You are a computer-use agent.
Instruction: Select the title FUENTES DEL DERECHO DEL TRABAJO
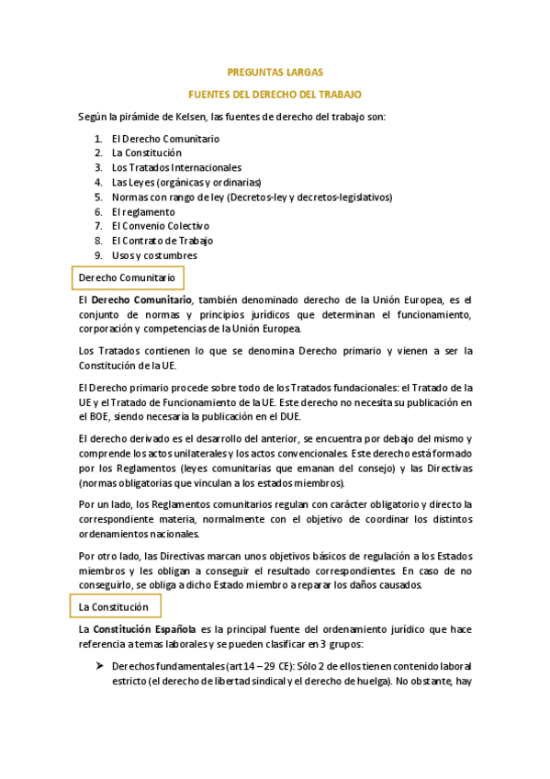[275, 95]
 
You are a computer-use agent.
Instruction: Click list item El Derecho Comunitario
[165, 139]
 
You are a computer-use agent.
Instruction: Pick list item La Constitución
[146, 153]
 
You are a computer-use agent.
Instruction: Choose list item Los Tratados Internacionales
[176, 168]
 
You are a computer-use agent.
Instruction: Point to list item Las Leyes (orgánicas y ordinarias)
[186, 182]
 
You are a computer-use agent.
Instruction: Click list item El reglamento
[143, 211]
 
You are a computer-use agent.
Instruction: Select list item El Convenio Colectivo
[160, 226]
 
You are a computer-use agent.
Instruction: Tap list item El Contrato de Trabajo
[162, 241]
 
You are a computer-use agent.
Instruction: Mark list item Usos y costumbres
[154, 255]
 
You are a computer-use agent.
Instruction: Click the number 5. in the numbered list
[98, 197]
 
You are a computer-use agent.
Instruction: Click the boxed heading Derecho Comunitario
[127, 277]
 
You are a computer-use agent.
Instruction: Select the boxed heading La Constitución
[114, 607]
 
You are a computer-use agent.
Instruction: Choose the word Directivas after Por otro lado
[188, 556]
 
